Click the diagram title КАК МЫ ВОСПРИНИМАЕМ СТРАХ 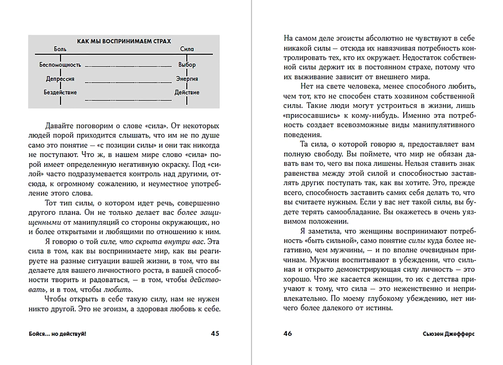tap(124, 41)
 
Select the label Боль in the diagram tap(60, 49)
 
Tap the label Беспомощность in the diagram tap(60, 65)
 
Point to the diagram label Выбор tap(187, 65)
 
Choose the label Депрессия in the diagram tap(60, 79)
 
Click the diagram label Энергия tap(187, 79)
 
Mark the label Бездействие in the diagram tap(60, 92)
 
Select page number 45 tap(215, 334)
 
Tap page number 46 tap(288, 334)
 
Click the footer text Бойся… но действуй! tap(57, 334)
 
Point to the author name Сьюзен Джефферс tap(449, 334)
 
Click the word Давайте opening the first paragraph tap(60, 126)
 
